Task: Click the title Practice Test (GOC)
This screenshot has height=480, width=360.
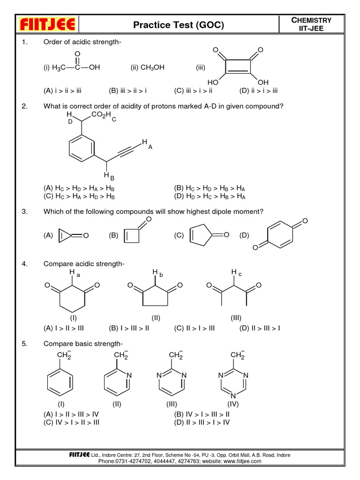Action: [x=179, y=25]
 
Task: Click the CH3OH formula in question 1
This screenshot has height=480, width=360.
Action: [x=148, y=67]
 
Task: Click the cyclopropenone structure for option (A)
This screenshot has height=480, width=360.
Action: [x=70, y=236]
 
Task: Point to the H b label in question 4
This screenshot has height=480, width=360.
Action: [x=157, y=273]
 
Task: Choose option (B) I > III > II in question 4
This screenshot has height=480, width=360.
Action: [x=128, y=328]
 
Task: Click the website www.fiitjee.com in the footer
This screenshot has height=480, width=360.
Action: [x=237, y=461]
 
